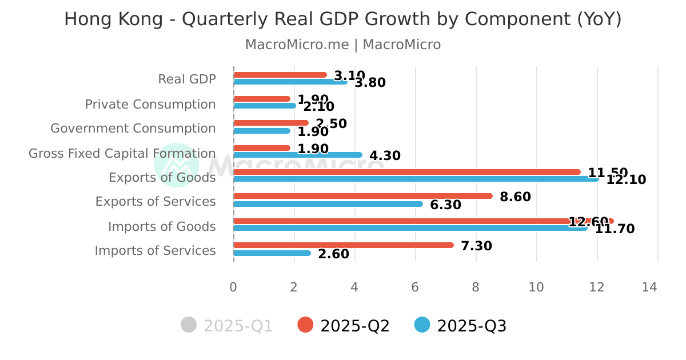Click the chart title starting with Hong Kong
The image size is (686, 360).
[x=342, y=19]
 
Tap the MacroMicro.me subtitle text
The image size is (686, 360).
[x=342, y=45]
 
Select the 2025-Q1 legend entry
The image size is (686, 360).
[x=227, y=326]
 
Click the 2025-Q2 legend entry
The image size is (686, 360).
[x=344, y=326]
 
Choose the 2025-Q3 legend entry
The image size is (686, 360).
[x=461, y=326]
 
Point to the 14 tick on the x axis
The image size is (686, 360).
[x=649, y=287]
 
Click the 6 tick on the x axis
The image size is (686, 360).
[x=415, y=287]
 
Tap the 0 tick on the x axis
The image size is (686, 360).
[x=233, y=287]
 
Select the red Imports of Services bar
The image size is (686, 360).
[x=343, y=245]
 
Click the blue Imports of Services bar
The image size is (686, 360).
[x=272, y=253]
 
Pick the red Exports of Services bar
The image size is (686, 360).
[x=362, y=196]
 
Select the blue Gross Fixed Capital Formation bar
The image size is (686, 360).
[x=297, y=155]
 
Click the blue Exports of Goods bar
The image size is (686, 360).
[x=416, y=179]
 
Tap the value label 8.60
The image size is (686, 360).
[x=515, y=197]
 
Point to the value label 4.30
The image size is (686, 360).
[x=385, y=155]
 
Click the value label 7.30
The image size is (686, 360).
[x=476, y=246]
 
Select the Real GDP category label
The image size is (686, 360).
[x=187, y=79]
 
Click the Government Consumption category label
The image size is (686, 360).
[x=133, y=129]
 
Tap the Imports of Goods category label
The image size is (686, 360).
[x=162, y=227]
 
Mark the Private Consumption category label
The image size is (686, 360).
[x=150, y=105]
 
